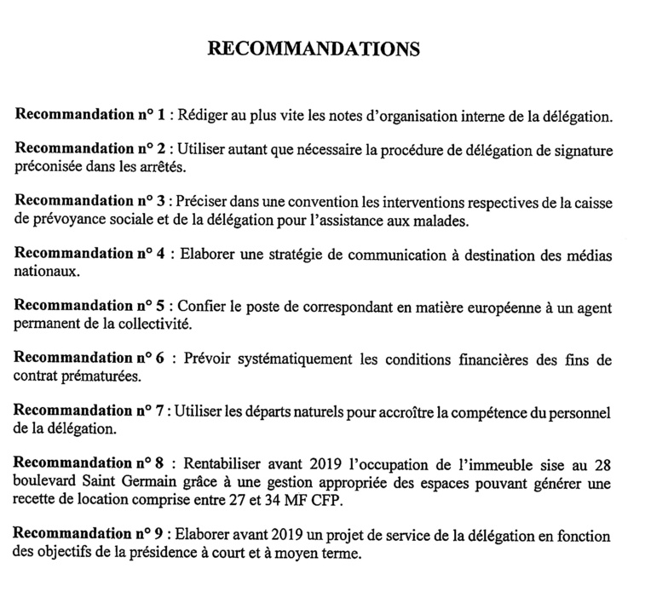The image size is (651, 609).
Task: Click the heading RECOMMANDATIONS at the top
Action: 314,49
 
